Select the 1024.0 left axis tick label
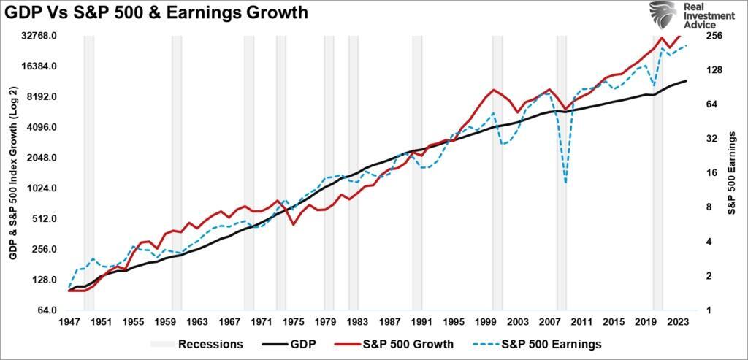[x=42, y=188]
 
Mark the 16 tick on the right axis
[x=711, y=173]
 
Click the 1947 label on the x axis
[x=69, y=322]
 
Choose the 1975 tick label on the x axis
[x=294, y=322]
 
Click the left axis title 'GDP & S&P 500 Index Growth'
[x=13, y=172]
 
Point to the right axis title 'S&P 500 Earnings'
[x=733, y=173]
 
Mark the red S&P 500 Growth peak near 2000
[x=495, y=90]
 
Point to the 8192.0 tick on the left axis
[x=42, y=97]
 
